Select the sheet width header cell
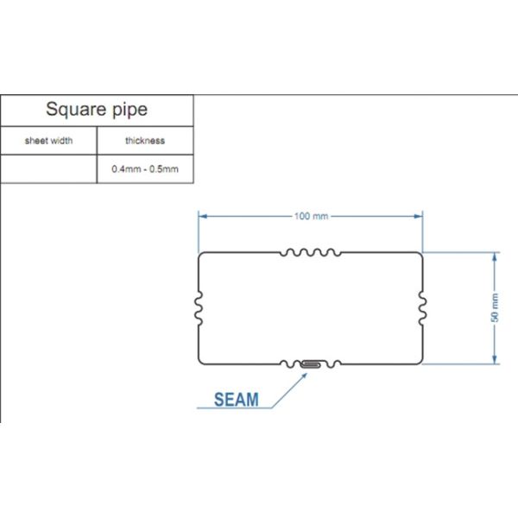pyautogui.click(x=48, y=140)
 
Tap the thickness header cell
pyautogui.click(x=144, y=140)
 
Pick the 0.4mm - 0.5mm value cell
pyautogui.click(x=144, y=168)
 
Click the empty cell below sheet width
pyautogui.click(x=48, y=168)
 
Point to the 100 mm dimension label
pyautogui.click(x=310, y=216)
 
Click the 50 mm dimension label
pyautogui.click(x=495, y=307)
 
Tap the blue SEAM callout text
pyautogui.click(x=236, y=400)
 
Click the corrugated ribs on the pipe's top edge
pyautogui.click(x=311, y=253)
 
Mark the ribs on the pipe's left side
pyautogui.click(x=199, y=307)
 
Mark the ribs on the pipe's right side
pyautogui.click(x=421, y=307)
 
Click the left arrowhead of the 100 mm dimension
pyautogui.click(x=202, y=216)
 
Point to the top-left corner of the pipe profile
pyautogui.click(x=201, y=255)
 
